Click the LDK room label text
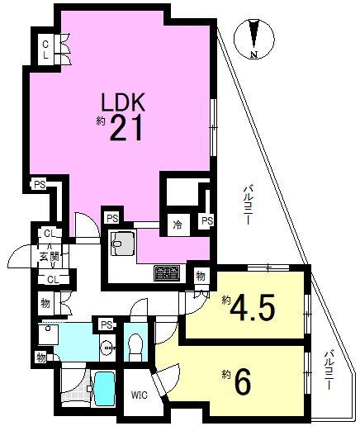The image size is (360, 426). coord(123,102)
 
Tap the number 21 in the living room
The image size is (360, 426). coord(126,127)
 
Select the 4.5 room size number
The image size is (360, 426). coord(253,308)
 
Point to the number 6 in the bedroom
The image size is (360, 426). coord(244,381)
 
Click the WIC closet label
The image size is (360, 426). coord(140,395)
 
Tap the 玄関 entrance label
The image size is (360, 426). coord(50,257)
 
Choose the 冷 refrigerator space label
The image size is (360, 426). coord(178,225)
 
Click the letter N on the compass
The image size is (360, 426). coord(253,54)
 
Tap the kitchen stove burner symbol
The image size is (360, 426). coord(168,273)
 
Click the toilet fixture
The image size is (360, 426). coord(135,347)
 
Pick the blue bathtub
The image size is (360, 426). coord(104,388)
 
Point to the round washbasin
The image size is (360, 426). coord(107,349)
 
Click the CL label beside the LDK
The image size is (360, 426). coord(45,49)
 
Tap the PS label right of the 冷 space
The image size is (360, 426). coord(207,221)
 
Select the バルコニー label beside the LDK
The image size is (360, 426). coord(247,206)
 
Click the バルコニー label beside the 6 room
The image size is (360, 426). coord(329,370)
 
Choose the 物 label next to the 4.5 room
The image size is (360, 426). coord(201,276)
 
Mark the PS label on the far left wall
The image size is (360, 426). coord(40,184)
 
